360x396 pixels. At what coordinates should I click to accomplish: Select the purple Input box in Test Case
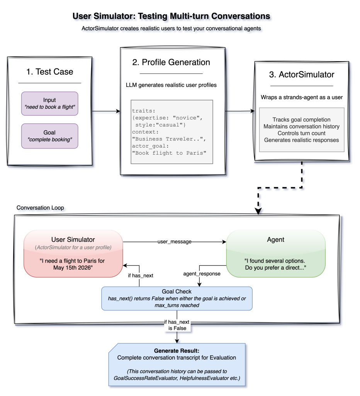(x=49, y=103)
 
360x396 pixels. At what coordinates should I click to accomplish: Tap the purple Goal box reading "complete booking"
(x=49, y=136)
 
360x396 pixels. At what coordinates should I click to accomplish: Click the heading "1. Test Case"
(x=49, y=71)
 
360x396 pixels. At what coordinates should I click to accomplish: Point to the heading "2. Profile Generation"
(x=171, y=62)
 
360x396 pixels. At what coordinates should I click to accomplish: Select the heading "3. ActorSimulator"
(x=301, y=74)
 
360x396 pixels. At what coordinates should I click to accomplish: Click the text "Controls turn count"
(x=301, y=133)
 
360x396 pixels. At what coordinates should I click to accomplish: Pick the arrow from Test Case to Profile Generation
(x=106, y=112)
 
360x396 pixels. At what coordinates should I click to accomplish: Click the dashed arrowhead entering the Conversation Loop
(x=258, y=211)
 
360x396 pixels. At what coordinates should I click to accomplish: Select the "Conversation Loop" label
(x=40, y=208)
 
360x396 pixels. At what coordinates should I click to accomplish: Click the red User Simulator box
(x=73, y=254)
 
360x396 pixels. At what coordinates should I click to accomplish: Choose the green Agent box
(x=276, y=254)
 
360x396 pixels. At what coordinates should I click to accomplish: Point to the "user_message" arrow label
(x=174, y=242)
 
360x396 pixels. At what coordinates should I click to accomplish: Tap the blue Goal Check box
(x=177, y=298)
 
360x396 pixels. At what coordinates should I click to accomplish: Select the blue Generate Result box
(x=177, y=364)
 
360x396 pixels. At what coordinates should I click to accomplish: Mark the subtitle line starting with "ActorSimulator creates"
(x=171, y=29)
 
